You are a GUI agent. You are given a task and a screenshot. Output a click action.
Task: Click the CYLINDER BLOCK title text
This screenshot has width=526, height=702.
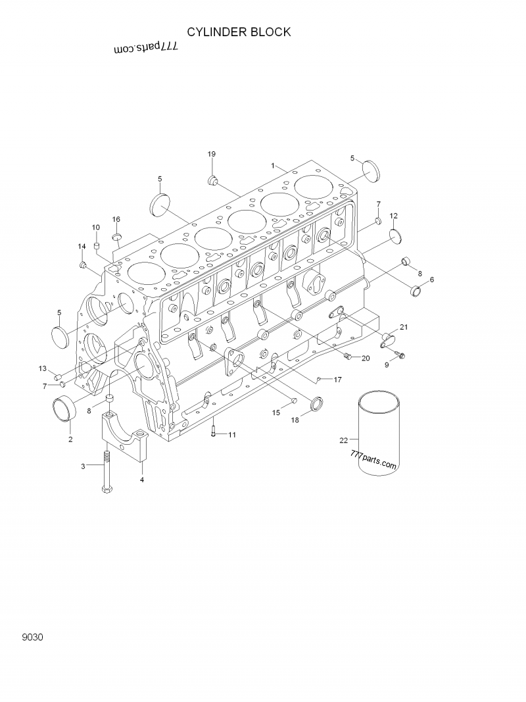(239, 32)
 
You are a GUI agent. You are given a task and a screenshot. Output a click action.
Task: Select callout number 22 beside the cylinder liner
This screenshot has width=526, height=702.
(343, 439)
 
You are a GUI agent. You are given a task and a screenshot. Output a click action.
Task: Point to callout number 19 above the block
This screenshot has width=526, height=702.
(212, 154)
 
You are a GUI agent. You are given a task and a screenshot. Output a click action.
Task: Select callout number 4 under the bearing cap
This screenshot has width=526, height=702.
(141, 480)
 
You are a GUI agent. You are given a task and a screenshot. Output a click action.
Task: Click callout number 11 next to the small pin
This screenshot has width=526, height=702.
(232, 435)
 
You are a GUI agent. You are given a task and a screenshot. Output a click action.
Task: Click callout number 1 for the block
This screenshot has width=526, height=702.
(273, 165)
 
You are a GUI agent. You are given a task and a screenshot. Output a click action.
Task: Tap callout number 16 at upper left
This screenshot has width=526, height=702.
(116, 219)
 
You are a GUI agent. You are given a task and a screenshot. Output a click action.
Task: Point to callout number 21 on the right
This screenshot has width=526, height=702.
(404, 327)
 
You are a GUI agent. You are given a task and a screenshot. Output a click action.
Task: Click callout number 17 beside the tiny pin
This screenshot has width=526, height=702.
(337, 380)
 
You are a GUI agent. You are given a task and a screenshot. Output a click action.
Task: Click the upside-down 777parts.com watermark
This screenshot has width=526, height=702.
(147, 48)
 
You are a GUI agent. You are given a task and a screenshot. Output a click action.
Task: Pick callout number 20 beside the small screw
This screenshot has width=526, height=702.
(366, 358)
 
